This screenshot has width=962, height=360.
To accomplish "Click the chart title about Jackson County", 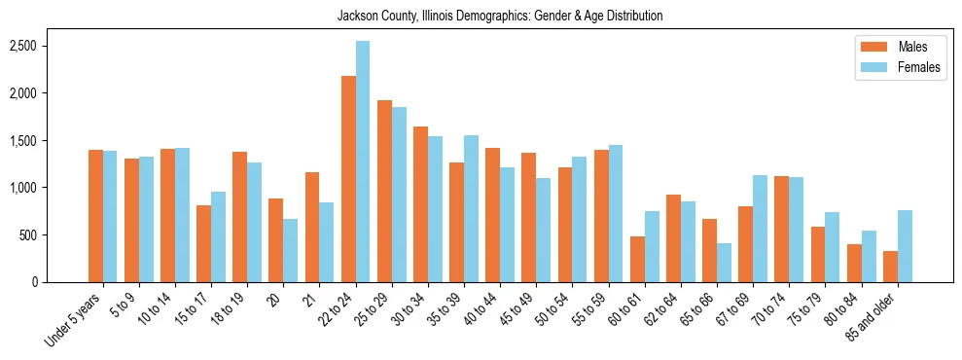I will coord(500,16).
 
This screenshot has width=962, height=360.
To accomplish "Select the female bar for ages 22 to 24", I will coord(363,162).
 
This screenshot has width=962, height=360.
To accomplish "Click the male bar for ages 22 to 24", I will coord(348,179).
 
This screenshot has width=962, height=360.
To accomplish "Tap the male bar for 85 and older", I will coord(890,267).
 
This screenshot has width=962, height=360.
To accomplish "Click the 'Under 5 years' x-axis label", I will coord(74,320).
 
